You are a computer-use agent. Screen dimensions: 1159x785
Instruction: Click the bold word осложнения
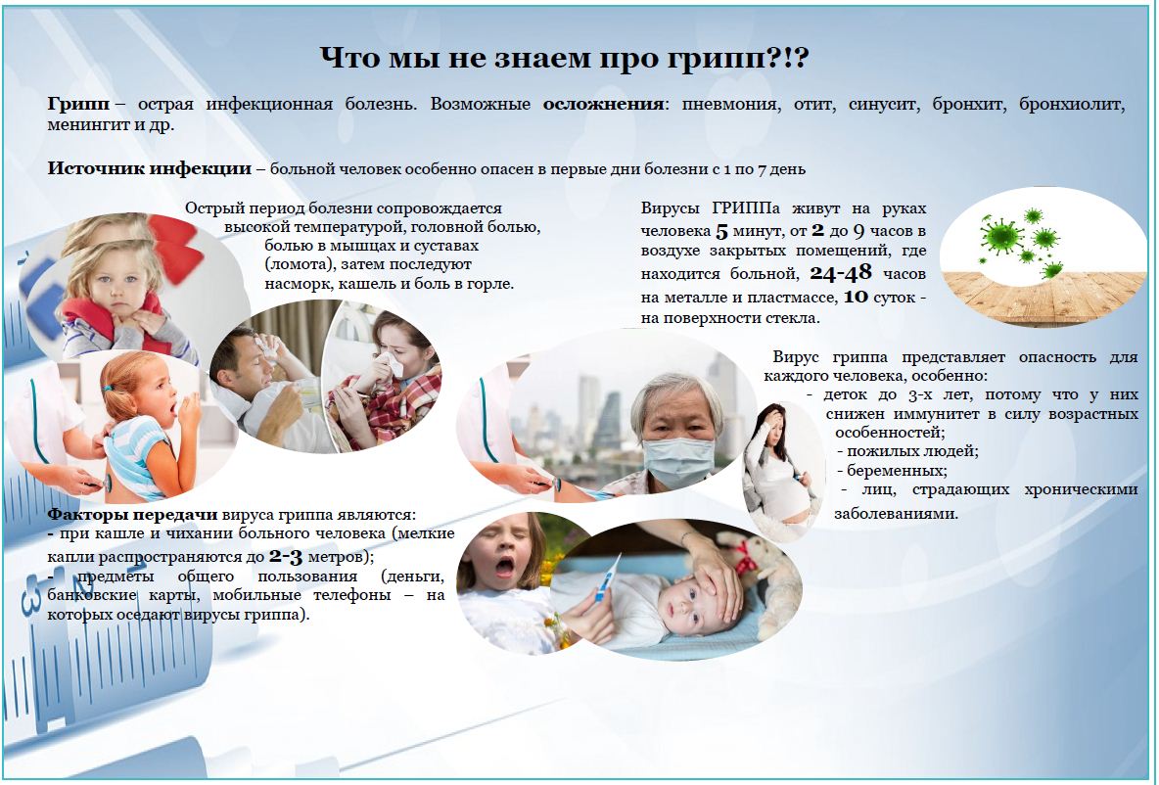(603, 104)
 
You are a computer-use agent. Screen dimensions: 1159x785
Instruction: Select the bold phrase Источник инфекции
(150, 168)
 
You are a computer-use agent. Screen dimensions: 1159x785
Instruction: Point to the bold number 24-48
(841, 273)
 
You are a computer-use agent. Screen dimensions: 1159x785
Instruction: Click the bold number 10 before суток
(856, 297)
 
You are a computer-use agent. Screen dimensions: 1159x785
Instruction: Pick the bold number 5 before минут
(722, 231)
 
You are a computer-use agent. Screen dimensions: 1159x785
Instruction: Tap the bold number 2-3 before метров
(286, 556)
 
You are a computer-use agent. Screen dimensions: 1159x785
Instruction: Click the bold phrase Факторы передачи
(132, 514)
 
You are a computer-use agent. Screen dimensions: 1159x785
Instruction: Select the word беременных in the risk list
(897, 470)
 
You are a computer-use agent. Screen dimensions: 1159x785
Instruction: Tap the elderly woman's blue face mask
(679, 462)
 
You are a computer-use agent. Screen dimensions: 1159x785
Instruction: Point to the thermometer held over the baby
(607, 577)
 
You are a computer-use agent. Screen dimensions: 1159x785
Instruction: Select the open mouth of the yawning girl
(505, 567)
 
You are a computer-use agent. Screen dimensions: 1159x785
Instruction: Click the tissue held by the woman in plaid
(389, 365)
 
